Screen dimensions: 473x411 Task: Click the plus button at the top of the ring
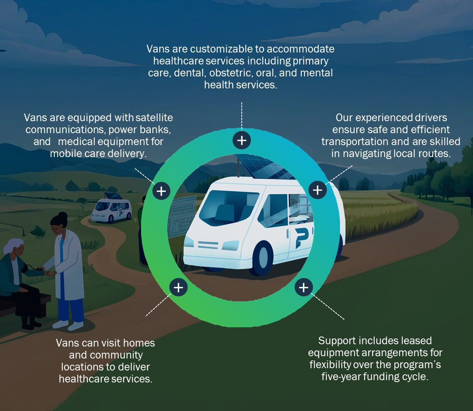[242, 140]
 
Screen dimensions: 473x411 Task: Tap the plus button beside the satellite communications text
[162, 191]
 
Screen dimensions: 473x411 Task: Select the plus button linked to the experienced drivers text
[318, 190]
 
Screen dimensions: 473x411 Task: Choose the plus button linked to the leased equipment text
[303, 288]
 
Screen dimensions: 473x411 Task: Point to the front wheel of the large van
[263, 257]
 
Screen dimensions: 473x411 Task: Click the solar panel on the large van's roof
[264, 167]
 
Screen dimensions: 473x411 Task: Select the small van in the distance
[111, 209]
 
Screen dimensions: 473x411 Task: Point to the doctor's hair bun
[63, 216]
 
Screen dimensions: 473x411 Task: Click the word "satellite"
[154, 118]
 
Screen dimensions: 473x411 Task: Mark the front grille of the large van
[208, 245]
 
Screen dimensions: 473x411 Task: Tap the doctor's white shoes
[68, 325]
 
